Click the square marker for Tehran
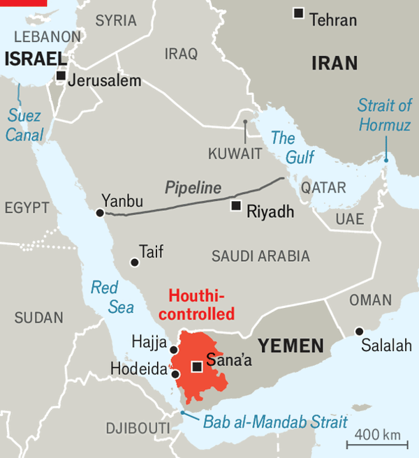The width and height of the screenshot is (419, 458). [299, 13]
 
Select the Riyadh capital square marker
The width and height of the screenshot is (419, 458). [236, 205]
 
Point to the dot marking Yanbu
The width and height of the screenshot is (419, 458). [100, 212]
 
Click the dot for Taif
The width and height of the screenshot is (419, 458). [134, 263]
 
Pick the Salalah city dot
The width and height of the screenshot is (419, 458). [359, 331]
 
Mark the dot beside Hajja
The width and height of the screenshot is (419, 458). [174, 350]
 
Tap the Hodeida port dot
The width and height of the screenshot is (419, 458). [175, 374]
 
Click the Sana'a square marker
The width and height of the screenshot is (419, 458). [197, 367]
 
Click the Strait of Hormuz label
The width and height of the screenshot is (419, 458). [385, 115]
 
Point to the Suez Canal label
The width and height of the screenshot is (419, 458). [24, 126]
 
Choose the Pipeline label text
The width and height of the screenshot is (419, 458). [193, 188]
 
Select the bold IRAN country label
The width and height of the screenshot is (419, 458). [334, 64]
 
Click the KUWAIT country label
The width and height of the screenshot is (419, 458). [235, 153]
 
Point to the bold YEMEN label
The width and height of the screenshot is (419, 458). [291, 345]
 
